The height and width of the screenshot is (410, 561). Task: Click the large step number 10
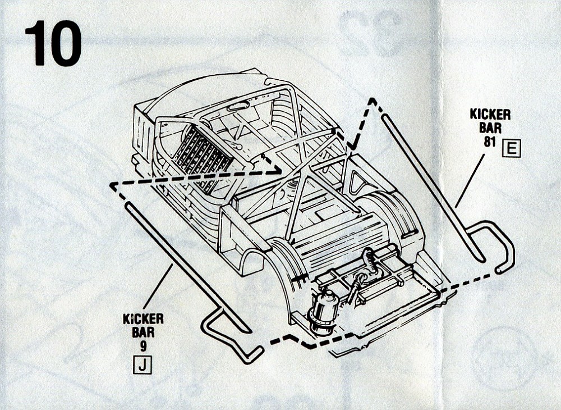click(x=53, y=43)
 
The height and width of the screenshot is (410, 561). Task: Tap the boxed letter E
click(x=512, y=149)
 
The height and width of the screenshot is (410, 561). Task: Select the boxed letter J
click(x=142, y=366)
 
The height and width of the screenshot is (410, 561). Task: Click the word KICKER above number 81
click(x=490, y=115)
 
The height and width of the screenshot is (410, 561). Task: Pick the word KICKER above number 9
click(x=143, y=320)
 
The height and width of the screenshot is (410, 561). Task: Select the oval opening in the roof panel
click(x=240, y=106)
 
